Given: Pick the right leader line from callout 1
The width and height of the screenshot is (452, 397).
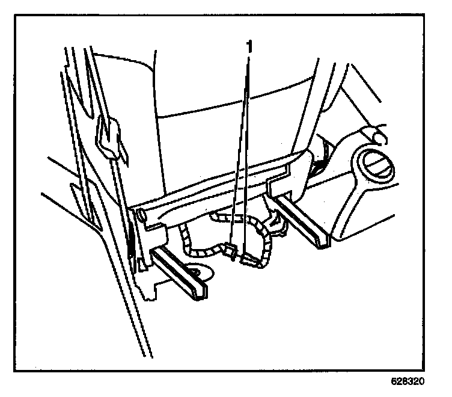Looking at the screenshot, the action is (x=247, y=156).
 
